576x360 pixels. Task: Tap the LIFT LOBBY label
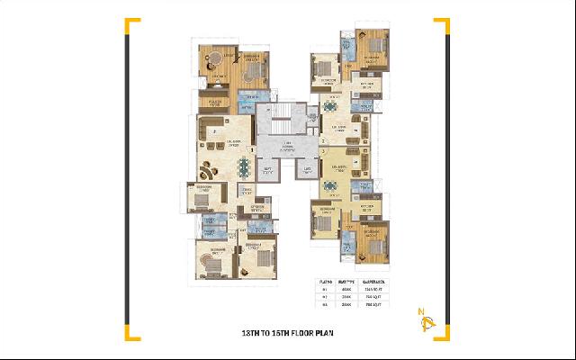(288, 148)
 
